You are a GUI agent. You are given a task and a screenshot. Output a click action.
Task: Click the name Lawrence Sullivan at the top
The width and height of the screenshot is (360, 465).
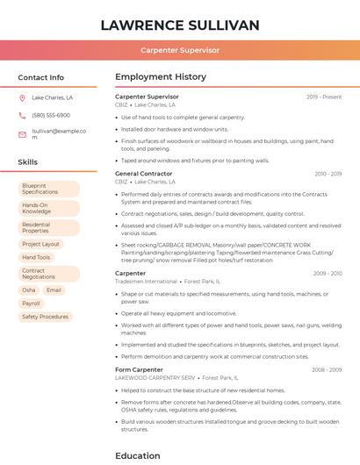coord(180,25)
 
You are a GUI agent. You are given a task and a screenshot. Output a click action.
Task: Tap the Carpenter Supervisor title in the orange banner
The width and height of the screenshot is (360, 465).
coord(180,51)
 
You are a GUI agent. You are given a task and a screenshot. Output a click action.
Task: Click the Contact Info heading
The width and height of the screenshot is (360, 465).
coord(41,77)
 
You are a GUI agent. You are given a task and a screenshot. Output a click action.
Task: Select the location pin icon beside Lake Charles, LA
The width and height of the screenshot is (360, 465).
coord(22,97)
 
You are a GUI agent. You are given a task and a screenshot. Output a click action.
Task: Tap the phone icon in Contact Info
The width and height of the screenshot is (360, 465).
coord(22,115)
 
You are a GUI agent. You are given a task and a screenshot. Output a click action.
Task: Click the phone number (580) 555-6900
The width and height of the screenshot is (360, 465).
coord(51,115)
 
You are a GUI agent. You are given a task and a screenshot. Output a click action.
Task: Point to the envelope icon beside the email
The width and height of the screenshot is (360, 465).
coord(22,133)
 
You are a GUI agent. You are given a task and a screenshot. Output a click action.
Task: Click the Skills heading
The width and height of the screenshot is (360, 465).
coord(28,162)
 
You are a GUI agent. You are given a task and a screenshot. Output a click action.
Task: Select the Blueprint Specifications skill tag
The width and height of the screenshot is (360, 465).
coord(47,188)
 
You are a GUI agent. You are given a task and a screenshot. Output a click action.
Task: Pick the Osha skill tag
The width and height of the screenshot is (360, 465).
coord(29,290)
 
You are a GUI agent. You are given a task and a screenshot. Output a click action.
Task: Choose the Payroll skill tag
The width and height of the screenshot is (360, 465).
coord(31,303)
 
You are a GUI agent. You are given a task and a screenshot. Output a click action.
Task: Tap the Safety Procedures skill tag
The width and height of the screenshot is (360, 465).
coord(45,317)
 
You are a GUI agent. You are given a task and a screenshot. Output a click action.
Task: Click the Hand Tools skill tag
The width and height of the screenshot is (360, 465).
coord(36,257)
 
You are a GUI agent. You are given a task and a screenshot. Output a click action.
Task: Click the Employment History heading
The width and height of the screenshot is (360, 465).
coord(161,77)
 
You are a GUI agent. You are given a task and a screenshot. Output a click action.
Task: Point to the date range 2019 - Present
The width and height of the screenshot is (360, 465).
coord(324,97)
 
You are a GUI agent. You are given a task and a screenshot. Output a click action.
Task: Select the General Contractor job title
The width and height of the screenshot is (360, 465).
coord(144,174)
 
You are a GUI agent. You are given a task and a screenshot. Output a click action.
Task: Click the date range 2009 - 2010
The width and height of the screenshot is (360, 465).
coord(328,273)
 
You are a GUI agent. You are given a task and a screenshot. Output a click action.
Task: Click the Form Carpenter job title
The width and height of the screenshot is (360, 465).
coord(140,369)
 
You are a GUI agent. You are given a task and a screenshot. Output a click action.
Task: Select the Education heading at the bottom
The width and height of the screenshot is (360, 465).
coord(138,455)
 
